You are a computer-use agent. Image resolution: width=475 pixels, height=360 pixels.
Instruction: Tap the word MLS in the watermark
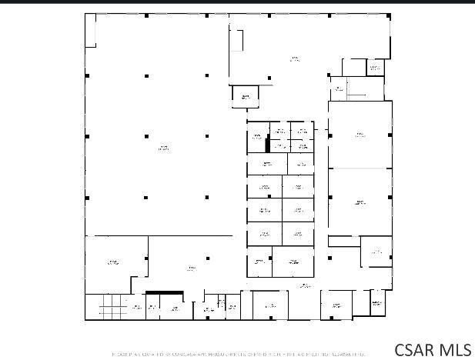455,350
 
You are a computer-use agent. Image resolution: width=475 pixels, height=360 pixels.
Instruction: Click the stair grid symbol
111,309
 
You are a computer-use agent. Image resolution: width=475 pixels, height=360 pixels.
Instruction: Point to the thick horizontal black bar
164,292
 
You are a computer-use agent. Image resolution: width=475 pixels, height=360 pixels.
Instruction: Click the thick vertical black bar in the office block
267,145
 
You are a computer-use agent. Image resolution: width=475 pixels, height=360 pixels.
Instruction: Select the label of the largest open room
163,147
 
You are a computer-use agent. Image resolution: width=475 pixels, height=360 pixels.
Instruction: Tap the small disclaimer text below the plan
238,355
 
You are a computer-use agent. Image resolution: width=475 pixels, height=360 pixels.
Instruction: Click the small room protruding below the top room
246,97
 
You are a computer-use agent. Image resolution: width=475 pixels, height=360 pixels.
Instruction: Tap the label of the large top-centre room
294,58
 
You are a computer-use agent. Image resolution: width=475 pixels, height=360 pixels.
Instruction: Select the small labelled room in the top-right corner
375,68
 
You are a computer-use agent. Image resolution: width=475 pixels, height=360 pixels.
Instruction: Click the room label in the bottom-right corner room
377,303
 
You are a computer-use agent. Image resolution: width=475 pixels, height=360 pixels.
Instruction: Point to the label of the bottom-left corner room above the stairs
113,263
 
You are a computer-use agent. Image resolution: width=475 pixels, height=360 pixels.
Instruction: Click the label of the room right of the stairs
136,308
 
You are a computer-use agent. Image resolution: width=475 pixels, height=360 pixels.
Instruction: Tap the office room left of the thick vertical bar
256,137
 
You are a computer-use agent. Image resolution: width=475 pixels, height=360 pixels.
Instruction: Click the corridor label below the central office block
306,285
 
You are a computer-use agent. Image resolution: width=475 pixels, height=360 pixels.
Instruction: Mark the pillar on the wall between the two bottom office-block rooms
273,261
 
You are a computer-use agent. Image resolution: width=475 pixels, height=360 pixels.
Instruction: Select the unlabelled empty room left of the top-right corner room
353,68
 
